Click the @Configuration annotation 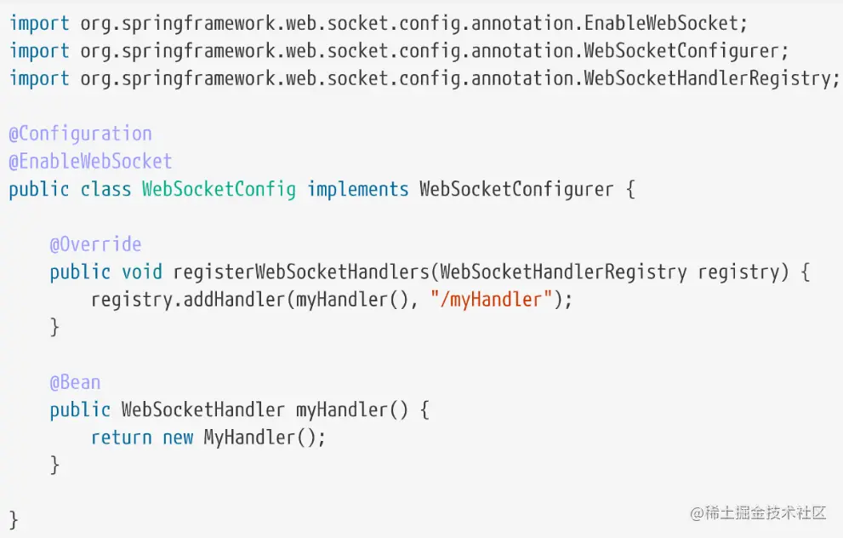pyautogui.click(x=81, y=134)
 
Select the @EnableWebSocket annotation pyautogui.click(x=91, y=162)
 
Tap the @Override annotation pyautogui.click(x=95, y=244)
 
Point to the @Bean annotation pyautogui.click(x=75, y=382)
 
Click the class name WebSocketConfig pyautogui.click(x=219, y=189)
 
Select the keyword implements pyautogui.click(x=357, y=189)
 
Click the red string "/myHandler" pyautogui.click(x=492, y=300)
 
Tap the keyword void pyautogui.click(x=142, y=272)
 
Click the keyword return pyautogui.click(x=121, y=438)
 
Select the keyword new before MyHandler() pyautogui.click(x=178, y=438)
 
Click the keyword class pyautogui.click(x=105, y=189)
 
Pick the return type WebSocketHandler pyautogui.click(x=202, y=410)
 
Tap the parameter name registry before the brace pyautogui.click(x=738, y=272)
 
